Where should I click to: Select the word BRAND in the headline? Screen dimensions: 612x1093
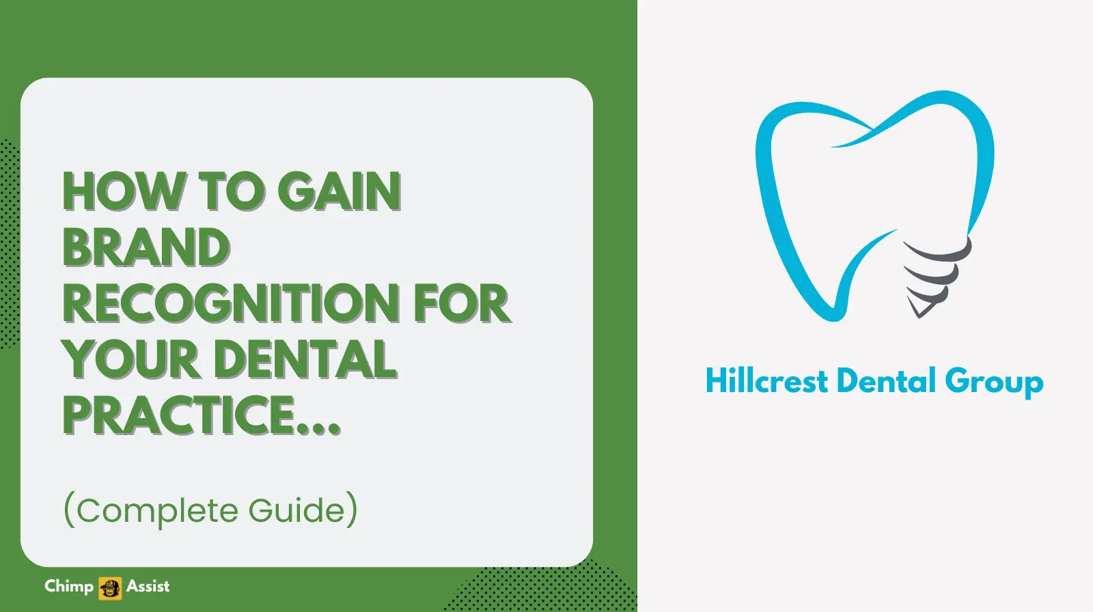[x=146, y=247]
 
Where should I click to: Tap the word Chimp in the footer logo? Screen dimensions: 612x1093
[x=69, y=586]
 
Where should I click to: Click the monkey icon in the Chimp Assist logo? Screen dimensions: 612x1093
[x=110, y=587]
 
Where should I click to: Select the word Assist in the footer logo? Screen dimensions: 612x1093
[x=148, y=586]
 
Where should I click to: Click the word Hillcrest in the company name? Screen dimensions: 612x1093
[x=766, y=381]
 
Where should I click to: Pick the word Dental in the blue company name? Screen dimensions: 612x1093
[x=886, y=381]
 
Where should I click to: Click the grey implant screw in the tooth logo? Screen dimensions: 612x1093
[x=933, y=273]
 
